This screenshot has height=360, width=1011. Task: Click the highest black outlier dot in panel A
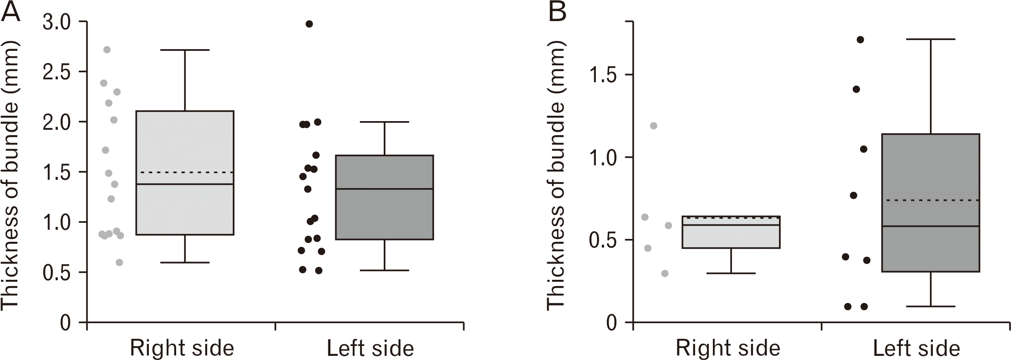click(x=309, y=24)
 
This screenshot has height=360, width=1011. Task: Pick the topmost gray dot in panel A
click(x=107, y=50)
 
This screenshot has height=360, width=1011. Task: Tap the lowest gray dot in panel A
click(x=119, y=262)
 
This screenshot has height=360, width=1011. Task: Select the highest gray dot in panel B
click(x=653, y=126)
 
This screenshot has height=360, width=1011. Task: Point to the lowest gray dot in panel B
click(x=664, y=273)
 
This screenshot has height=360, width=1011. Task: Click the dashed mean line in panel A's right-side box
click(x=185, y=172)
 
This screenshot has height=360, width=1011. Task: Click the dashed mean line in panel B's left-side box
click(x=930, y=200)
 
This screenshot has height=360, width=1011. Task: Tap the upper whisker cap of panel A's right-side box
click(x=185, y=50)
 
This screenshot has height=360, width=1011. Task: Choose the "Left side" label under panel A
click(x=370, y=348)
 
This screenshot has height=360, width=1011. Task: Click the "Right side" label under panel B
click(x=728, y=348)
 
